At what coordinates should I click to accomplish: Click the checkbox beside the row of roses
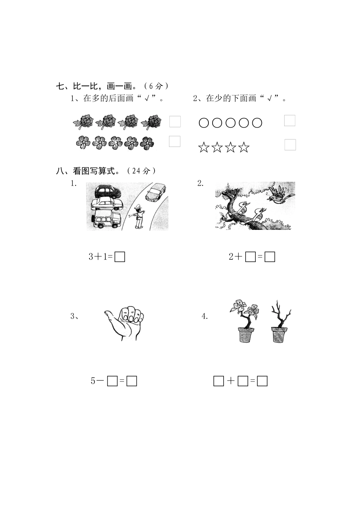tap(175, 122)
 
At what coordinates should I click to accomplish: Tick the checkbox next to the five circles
tap(290, 120)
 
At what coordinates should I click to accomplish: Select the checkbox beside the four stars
tap(290, 145)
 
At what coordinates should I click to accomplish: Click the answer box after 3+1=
tap(120, 257)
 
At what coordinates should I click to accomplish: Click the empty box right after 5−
tap(112, 381)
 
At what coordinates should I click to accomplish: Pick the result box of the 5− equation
tap(131, 381)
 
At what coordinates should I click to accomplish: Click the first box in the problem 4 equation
tap(219, 381)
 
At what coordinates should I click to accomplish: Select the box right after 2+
tap(250, 257)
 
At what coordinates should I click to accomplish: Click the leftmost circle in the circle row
tap(204, 123)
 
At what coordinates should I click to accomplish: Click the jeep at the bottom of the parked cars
tap(106, 220)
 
